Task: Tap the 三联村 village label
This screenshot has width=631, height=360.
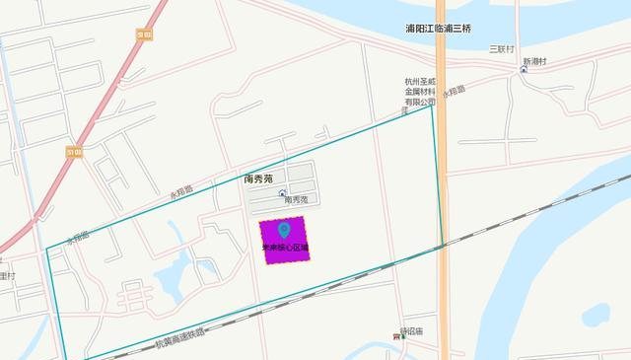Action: (x=503, y=48)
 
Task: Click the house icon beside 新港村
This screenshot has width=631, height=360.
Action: (x=523, y=70)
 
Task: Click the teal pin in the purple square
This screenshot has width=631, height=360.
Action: (x=284, y=232)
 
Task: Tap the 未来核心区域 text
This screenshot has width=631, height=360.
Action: (x=285, y=249)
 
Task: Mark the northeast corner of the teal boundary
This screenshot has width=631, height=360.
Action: (x=432, y=105)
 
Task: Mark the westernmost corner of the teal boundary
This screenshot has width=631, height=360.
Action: (x=47, y=249)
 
